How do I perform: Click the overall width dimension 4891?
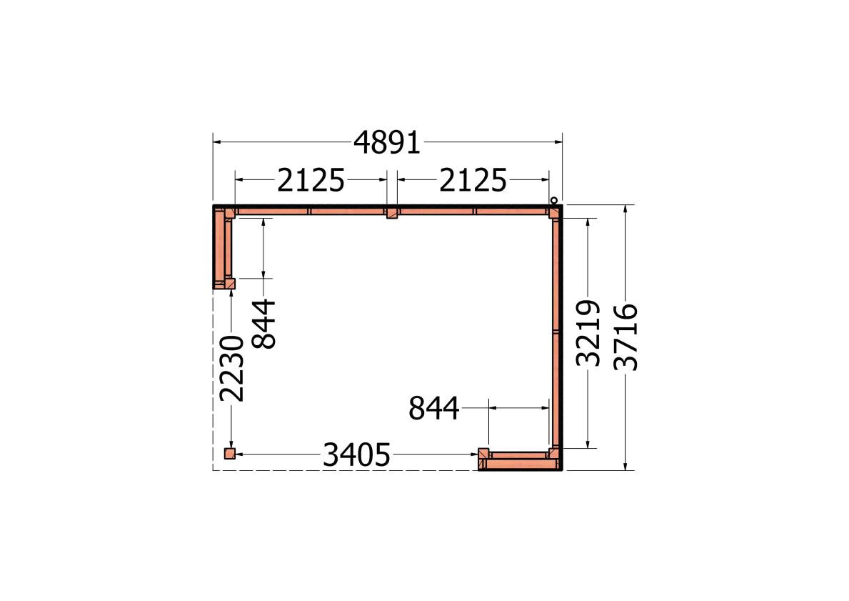386,143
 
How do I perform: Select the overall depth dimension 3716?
626,337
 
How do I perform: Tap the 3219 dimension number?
588,333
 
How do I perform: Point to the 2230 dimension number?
232,369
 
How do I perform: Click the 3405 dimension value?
356,455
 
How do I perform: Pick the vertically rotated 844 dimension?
264,324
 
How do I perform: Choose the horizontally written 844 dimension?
433,408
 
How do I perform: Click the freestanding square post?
230,454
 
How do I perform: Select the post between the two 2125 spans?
391,212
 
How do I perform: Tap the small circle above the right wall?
554,201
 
